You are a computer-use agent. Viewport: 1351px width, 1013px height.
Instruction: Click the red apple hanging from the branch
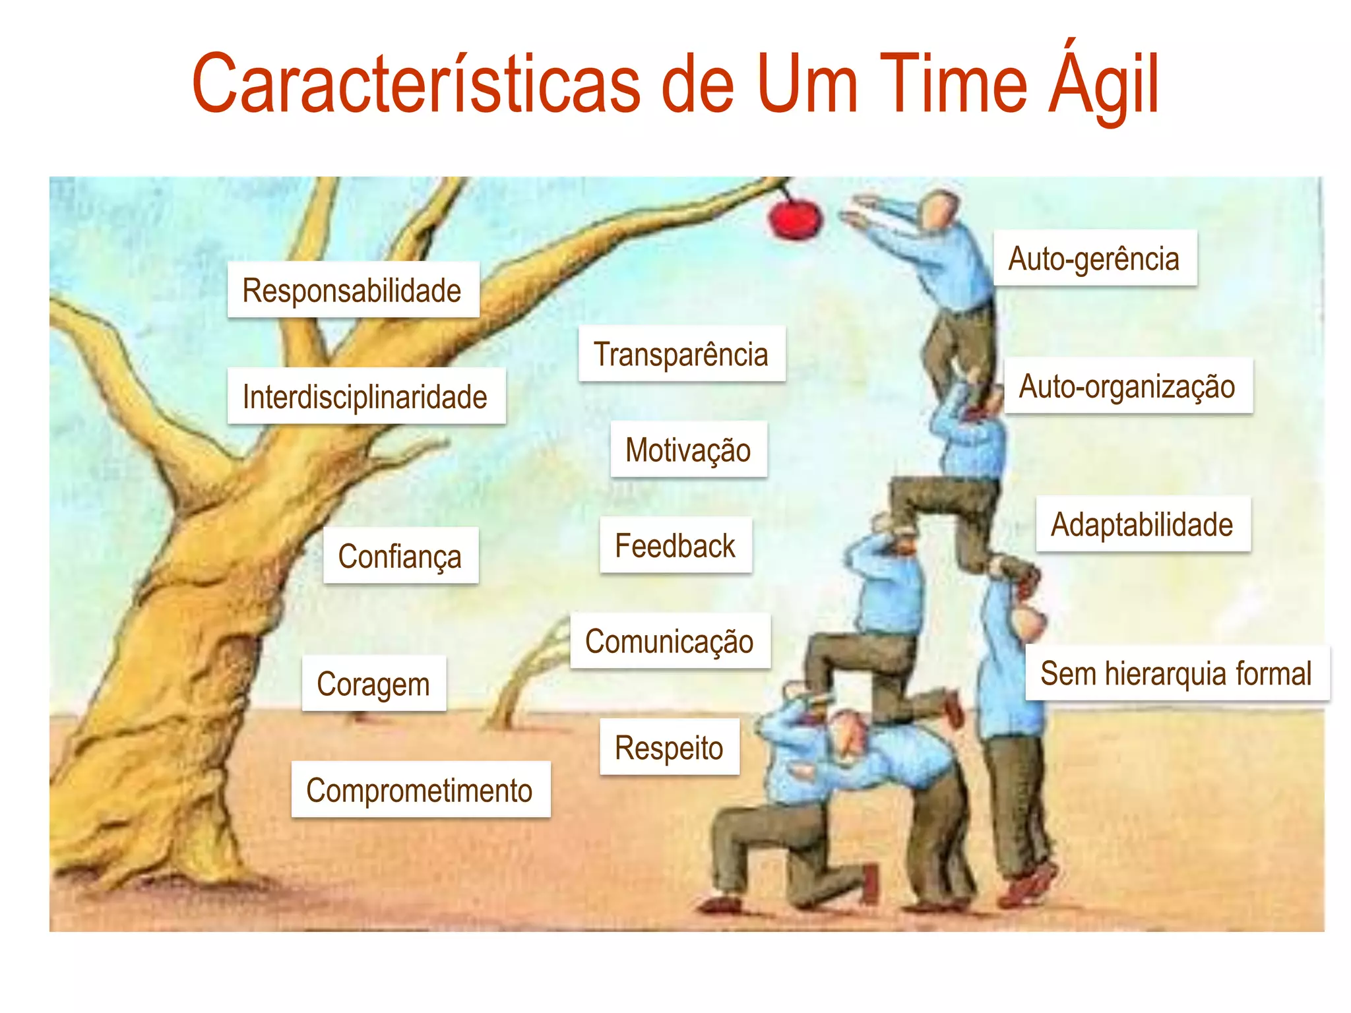[796, 218]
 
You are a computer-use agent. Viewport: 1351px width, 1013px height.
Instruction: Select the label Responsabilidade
[352, 290]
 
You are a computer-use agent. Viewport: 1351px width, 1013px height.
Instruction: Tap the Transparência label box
[681, 353]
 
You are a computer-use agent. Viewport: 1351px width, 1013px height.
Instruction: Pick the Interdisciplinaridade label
[365, 396]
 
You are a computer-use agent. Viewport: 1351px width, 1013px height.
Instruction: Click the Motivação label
[688, 450]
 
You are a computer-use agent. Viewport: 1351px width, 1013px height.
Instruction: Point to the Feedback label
[675, 545]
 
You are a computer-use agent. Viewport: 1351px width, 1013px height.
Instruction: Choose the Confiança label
[400, 556]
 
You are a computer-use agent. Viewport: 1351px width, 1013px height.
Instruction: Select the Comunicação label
[670, 641]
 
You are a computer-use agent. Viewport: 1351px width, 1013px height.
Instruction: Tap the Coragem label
[373, 684]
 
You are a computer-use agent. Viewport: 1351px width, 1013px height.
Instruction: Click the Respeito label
[669, 748]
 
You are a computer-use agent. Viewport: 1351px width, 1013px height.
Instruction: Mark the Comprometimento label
[420, 790]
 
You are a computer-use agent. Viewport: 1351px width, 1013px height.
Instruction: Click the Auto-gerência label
[1094, 259]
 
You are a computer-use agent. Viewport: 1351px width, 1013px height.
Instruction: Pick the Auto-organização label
[1127, 386]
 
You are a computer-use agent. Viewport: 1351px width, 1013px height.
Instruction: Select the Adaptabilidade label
[1142, 524]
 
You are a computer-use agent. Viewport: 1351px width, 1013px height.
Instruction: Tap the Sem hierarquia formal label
[1176, 673]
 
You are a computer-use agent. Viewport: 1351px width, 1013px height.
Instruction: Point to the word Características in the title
[416, 84]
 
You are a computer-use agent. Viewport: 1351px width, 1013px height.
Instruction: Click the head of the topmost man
[939, 210]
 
